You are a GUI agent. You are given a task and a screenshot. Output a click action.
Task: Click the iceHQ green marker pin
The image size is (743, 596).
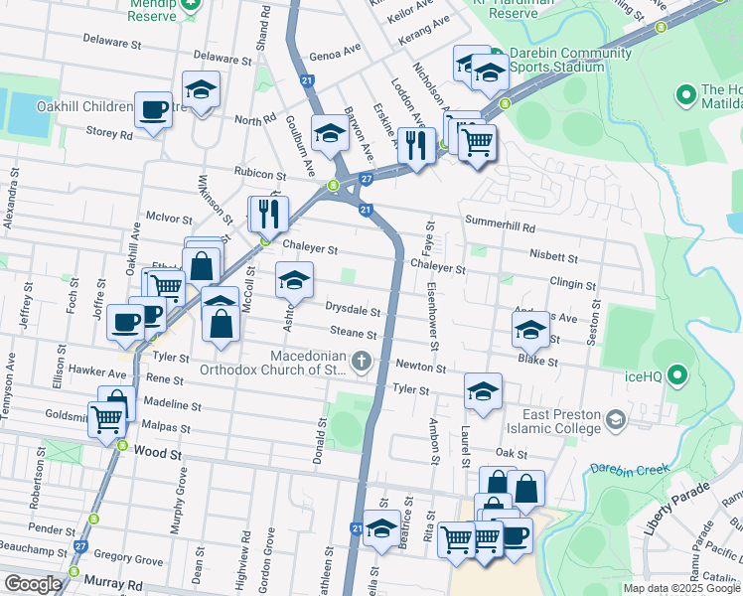pyautogui.click(x=678, y=374)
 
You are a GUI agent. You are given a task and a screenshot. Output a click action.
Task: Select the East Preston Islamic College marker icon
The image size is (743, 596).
pyautogui.click(x=617, y=420)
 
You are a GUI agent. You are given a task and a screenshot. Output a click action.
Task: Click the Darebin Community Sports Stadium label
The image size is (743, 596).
pyautogui.click(x=557, y=59)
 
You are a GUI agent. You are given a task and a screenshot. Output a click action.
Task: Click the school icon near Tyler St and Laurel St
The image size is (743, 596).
pyautogui.click(x=483, y=390)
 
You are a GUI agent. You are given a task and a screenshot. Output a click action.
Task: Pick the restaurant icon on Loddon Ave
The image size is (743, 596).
pyautogui.click(x=415, y=145)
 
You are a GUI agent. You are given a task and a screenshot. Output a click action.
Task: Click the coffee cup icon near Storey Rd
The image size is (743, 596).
pyautogui.click(x=154, y=109)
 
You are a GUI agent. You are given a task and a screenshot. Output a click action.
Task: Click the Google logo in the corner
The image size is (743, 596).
pyautogui.click(x=32, y=584)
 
